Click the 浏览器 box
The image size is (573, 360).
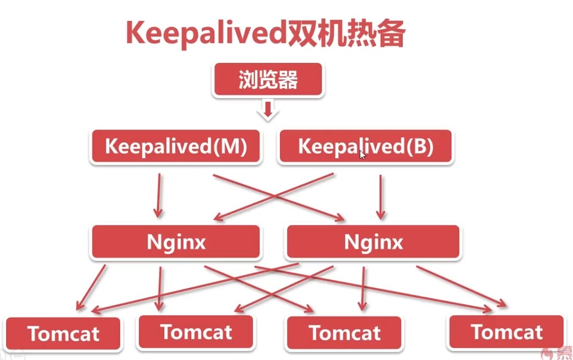(x=268, y=81)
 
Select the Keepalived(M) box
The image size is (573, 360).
(x=176, y=147)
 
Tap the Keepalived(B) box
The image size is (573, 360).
(x=365, y=147)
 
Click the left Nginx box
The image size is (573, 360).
(x=176, y=242)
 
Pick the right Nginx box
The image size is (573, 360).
(x=373, y=242)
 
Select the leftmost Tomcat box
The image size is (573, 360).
(x=63, y=334)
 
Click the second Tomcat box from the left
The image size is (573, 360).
(x=196, y=332)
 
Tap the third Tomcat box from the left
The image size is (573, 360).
(x=344, y=333)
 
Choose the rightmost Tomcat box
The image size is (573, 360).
(x=506, y=332)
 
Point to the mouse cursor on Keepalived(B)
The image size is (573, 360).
(x=362, y=155)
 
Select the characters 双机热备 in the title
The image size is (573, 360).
(x=347, y=34)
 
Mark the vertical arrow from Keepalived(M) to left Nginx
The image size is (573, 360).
(x=159, y=196)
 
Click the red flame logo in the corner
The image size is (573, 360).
(x=547, y=352)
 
